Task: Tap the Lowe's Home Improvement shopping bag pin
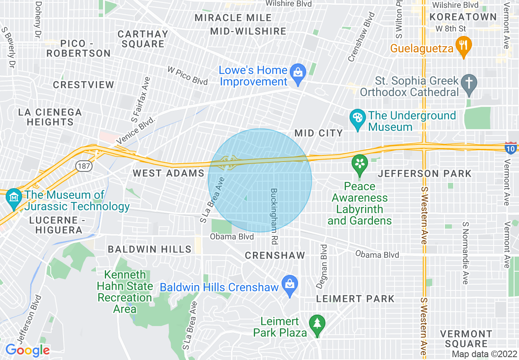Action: pos(298,73)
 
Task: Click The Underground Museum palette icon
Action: pos(358,118)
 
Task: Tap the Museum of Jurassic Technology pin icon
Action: pos(14,198)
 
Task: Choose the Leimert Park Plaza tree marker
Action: pos(317,324)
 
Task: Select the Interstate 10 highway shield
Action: pos(510,148)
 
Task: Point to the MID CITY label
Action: pos(319,133)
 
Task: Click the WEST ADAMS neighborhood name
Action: pos(168,173)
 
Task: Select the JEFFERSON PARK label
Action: pos(424,174)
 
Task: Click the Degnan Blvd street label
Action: pos(324,266)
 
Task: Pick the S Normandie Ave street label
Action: pos(465,253)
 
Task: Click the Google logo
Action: pos(27,350)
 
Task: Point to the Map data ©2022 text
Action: pos(484,354)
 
